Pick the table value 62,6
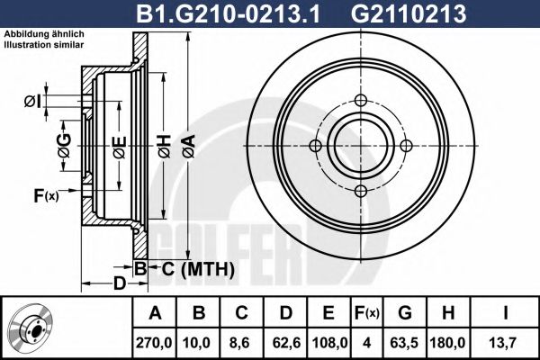[286, 342]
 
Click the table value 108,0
[329, 342]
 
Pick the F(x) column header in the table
[366, 314]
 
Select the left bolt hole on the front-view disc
[315, 146]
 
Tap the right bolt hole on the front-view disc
[405, 146]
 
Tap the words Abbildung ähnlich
[43, 33]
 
